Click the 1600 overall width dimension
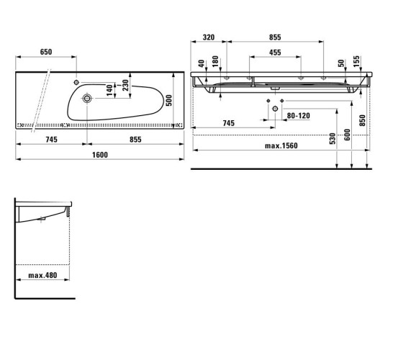[x=100, y=155]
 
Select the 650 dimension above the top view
[x=46, y=52]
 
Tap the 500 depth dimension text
[x=169, y=100]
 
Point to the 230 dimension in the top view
[x=125, y=85]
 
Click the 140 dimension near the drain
[x=109, y=90]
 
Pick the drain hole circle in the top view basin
[x=87, y=98]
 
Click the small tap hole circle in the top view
[x=76, y=82]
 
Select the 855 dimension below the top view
[x=135, y=140]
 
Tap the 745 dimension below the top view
[x=51, y=140]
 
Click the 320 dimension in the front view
[x=209, y=37]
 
